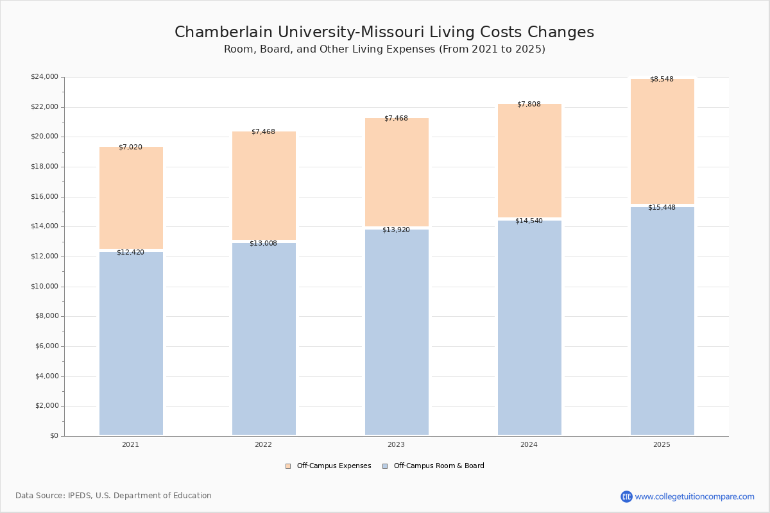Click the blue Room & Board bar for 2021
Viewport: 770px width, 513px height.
pyautogui.click(x=131, y=343)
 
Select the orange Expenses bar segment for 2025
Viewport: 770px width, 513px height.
pyautogui.click(x=662, y=141)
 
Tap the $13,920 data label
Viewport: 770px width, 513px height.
pyautogui.click(x=396, y=230)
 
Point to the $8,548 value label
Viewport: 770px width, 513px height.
pyautogui.click(x=662, y=79)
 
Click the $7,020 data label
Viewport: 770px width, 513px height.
pyautogui.click(x=130, y=147)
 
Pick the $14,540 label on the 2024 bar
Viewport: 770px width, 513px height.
pyautogui.click(x=529, y=221)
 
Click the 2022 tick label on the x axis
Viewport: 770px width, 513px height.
pyautogui.click(x=263, y=444)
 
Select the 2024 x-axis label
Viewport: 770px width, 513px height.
pyautogui.click(x=529, y=444)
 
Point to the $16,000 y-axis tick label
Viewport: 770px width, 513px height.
pyautogui.click(x=45, y=196)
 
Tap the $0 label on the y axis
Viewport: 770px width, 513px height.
pyautogui.click(x=55, y=436)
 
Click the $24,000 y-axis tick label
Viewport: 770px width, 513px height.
pyautogui.click(x=45, y=76)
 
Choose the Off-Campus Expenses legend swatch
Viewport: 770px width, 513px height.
pyautogui.click(x=288, y=466)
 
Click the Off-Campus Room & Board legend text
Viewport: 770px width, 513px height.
pyautogui.click(x=439, y=466)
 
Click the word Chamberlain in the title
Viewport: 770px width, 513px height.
pyautogui.click(x=223, y=32)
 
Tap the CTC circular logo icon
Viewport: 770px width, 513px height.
pyautogui.click(x=626, y=496)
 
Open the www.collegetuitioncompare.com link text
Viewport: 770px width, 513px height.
pyautogui.click(x=694, y=496)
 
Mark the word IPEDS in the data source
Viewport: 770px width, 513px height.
pyautogui.click(x=80, y=496)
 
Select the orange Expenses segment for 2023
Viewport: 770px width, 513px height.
pyautogui.click(x=397, y=172)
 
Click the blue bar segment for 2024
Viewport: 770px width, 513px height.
pyautogui.click(x=529, y=328)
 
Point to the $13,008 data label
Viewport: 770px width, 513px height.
pyautogui.click(x=263, y=243)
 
